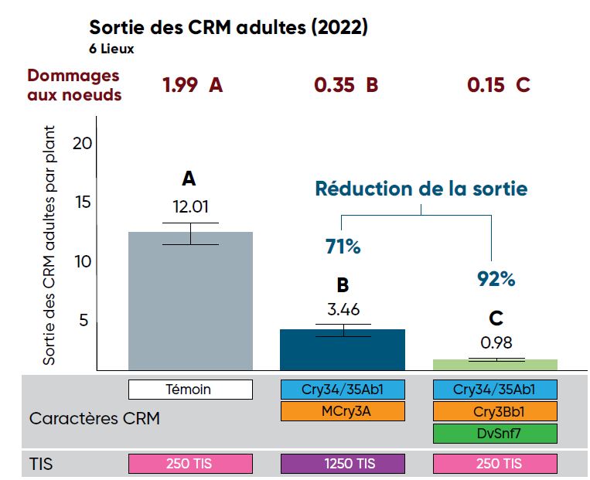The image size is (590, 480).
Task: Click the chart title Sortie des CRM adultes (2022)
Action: point(228,28)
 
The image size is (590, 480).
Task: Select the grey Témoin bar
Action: point(190,301)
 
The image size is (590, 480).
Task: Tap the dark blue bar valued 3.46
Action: point(343,350)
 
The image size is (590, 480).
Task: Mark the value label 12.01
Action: point(190,207)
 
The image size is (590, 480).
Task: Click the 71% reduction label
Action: point(342,247)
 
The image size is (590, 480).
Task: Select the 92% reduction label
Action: point(496,279)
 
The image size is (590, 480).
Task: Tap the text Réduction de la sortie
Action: point(421,188)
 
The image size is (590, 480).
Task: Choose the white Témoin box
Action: point(190,390)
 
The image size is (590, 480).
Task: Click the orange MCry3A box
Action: point(343,411)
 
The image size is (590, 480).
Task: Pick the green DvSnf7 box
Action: point(495,433)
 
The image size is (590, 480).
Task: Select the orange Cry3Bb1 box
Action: point(495,411)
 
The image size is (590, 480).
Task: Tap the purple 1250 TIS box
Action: point(343,464)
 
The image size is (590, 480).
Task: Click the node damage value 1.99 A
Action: point(192,85)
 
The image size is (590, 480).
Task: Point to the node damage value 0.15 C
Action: point(498,85)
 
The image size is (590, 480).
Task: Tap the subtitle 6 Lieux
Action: point(112,48)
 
